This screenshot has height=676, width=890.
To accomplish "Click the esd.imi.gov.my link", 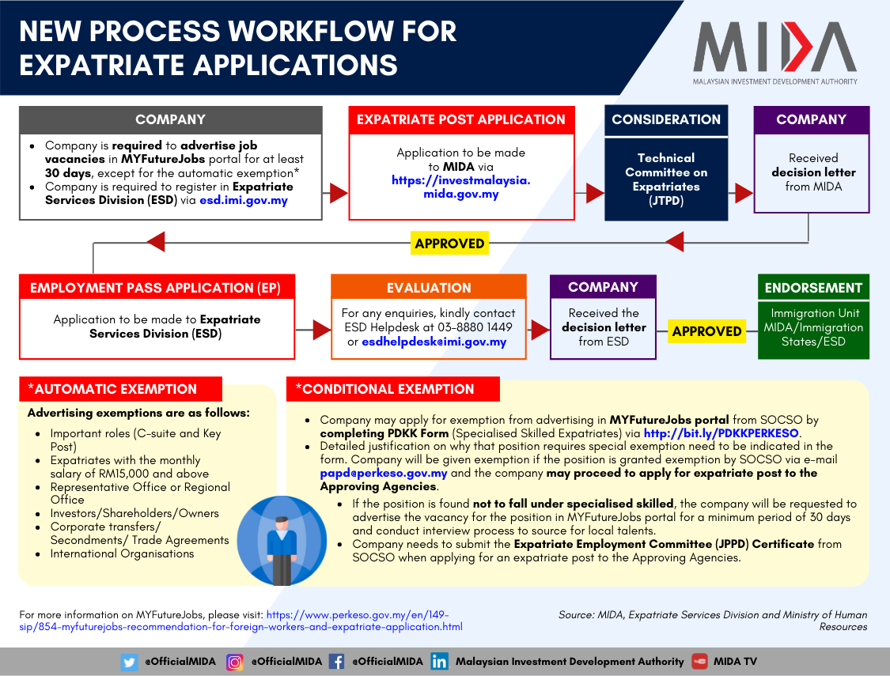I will click(x=244, y=200).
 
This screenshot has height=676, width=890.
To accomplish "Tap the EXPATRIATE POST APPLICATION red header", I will click(x=461, y=120).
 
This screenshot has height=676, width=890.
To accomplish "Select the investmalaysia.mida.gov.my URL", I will click(x=461, y=187).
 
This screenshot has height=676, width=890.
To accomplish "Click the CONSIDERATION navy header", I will click(x=666, y=120).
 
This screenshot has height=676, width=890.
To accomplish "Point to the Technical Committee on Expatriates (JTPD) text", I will click(x=666, y=179).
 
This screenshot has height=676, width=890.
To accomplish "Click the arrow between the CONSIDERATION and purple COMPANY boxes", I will click(x=744, y=192).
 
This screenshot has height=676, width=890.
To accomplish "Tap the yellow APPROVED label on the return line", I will click(x=449, y=243).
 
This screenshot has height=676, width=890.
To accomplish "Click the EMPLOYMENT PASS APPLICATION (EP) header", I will click(x=155, y=288).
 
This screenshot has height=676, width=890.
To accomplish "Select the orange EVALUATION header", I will click(x=429, y=288).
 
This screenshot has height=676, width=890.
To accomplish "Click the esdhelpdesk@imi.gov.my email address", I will click(x=434, y=342).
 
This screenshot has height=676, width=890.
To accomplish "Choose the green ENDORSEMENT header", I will click(x=813, y=288).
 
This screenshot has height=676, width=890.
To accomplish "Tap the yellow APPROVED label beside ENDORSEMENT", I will click(x=706, y=331).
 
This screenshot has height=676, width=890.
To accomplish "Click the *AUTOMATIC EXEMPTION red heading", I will click(x=120, y=389).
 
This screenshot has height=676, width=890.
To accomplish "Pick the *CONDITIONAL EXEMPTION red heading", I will click(x=392, y=389).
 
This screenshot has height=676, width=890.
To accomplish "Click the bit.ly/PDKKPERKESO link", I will click(x=721, y=433).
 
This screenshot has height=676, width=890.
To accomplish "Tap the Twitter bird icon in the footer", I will click(x=130, y=662).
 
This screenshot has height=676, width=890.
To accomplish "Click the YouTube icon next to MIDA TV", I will click(x=699, y=662).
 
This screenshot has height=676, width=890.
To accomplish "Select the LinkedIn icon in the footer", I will click(x=440, y=662).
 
